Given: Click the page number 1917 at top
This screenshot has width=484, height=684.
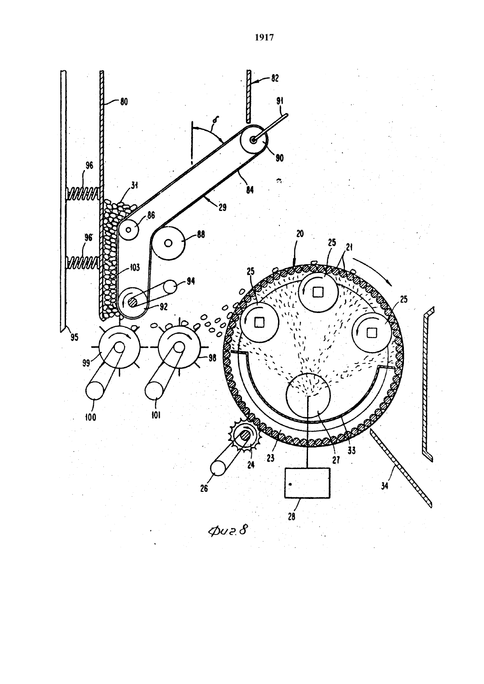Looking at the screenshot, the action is pos(264,37).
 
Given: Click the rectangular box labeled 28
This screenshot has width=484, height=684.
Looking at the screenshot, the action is pos(308,483).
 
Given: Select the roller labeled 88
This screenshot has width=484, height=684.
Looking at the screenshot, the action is pos(169,243).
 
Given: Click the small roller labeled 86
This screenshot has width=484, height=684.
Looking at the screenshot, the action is pos(128,229).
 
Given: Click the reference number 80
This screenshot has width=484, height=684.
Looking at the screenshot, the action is pos(124,102).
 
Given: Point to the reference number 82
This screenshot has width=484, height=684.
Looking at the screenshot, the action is pos(275,78).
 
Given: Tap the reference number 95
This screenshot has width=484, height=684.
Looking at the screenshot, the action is pos(74,337).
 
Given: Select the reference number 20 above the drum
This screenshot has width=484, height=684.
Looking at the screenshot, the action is pos(300,234).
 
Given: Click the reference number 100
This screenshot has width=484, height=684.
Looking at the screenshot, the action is pos(90,417).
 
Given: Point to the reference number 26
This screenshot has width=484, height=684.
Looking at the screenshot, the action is pos(204,488).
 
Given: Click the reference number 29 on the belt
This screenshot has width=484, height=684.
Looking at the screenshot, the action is pos(223,207).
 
